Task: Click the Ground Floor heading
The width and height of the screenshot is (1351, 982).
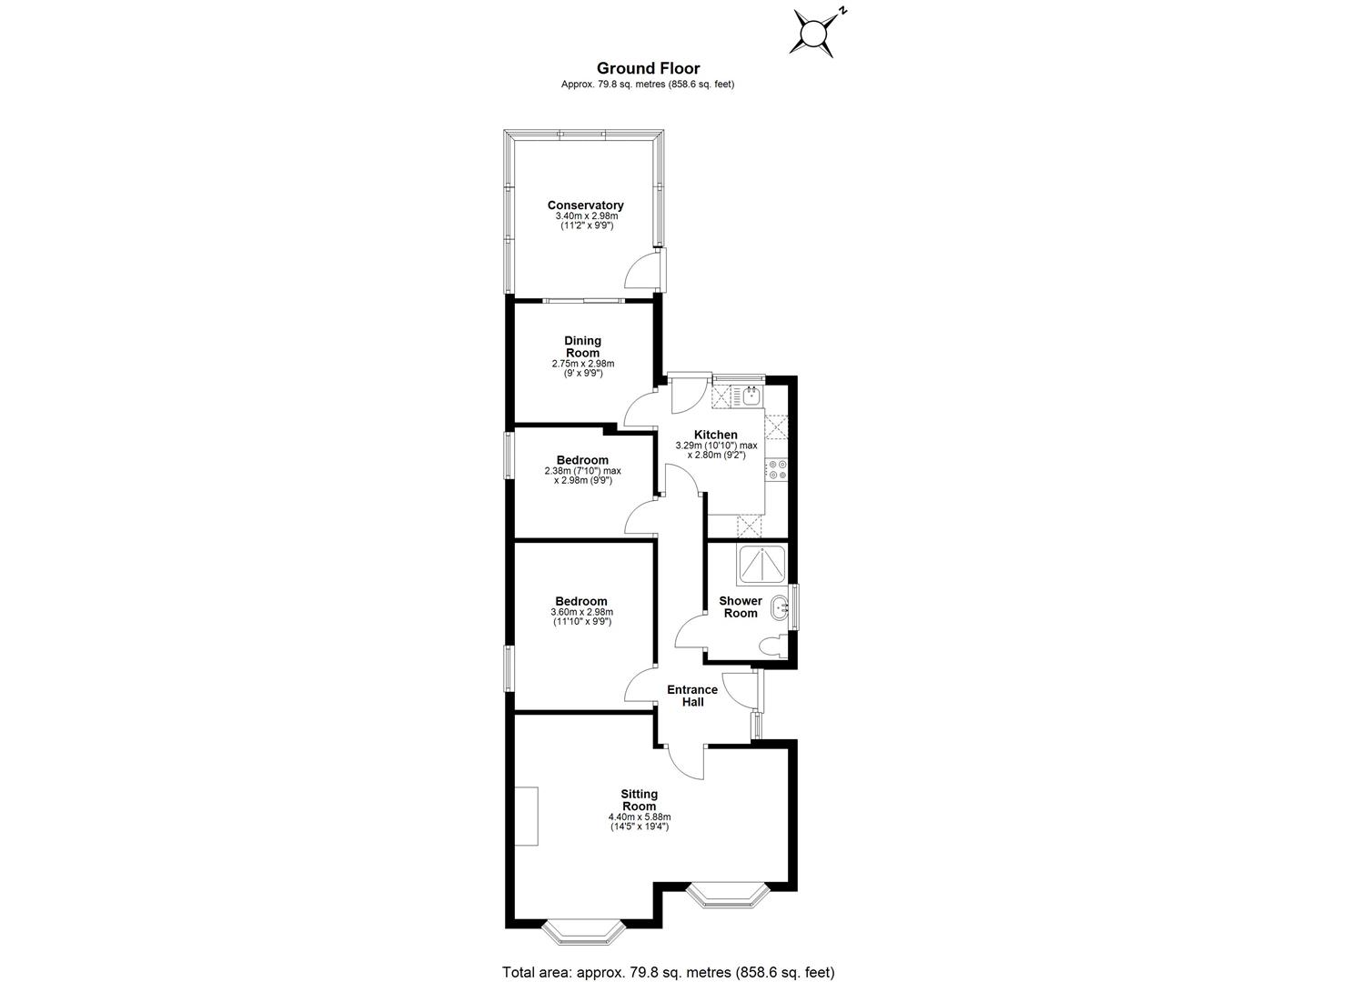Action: pyautogui.click(x=648, y=67)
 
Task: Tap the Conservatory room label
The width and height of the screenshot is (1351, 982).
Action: pyautogui.click(x=585, y=205)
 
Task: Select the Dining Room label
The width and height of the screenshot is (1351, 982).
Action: pyautogui.click(x=583, y=346)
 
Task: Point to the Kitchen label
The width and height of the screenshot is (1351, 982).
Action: pyautogui.click(x=715, y=435)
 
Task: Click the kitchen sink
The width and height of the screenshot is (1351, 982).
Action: pyautogui.click(x=751, y=395)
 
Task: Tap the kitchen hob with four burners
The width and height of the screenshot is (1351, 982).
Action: pyautogui.click(x=777, y=469)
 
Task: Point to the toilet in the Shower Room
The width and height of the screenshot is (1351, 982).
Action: pyautogui.click(x=774, y=646)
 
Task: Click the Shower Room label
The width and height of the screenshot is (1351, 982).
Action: pyautogui.click(x=741, y=606)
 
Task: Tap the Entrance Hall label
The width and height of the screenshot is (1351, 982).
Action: pyautogui.click(x=692, y=696)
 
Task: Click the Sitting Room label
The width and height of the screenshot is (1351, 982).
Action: pyautogui.click(x=639, y=800)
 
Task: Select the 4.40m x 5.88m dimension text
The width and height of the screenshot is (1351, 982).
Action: pyautogui.click(x=639, y=817)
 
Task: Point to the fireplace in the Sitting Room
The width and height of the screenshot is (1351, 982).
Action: pyautogui.click(x=526, y=817)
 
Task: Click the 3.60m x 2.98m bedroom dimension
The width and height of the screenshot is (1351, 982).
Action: pyautogui.click(x=582, y=613)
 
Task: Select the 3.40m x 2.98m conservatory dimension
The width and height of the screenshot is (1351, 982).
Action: pyautogui.click(x=587, y=216)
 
